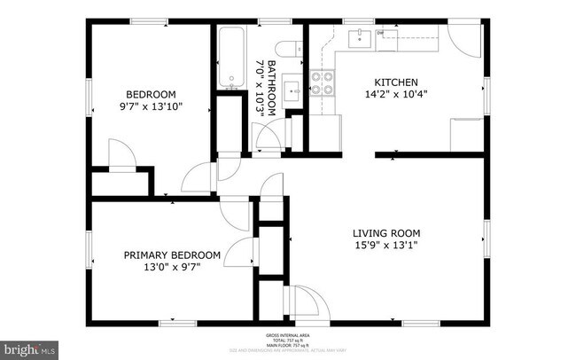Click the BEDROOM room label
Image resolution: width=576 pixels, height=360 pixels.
click(150, 95)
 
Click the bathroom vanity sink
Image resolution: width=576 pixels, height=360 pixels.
click(293, 90)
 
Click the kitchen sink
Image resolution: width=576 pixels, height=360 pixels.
click(358, 37)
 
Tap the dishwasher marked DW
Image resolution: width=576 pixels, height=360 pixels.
click(381, 35)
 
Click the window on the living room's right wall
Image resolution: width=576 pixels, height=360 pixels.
click(486, 235)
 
